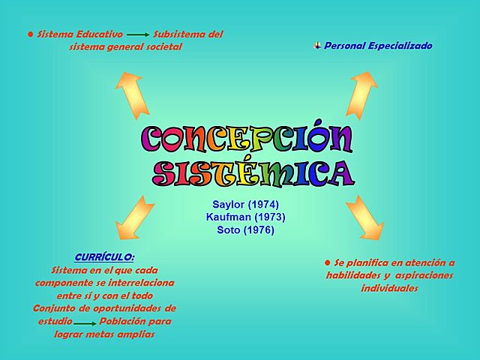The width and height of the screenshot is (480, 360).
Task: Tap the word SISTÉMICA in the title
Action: click(x=253, y=172)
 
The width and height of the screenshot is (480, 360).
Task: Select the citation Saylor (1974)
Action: click(x=245, y=204)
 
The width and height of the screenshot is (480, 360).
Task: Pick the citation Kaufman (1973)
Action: click(x=245, y=217)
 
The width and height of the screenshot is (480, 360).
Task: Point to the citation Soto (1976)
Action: click(x=245, y=229)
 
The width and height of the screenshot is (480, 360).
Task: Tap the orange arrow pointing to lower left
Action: click(x=133, y=217)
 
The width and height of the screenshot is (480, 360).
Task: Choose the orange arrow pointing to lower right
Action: click(x=365, y=216)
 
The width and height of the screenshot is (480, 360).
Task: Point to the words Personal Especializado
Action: click(x=378, y=46)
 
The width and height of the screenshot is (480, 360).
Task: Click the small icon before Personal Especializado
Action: click(x=317, y=46)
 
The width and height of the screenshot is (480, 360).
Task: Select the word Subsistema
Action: click(x=178, y=34)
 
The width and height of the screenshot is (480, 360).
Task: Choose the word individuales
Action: click(x=388, y=288)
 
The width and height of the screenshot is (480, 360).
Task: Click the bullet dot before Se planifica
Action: click(x=327, y=262)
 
